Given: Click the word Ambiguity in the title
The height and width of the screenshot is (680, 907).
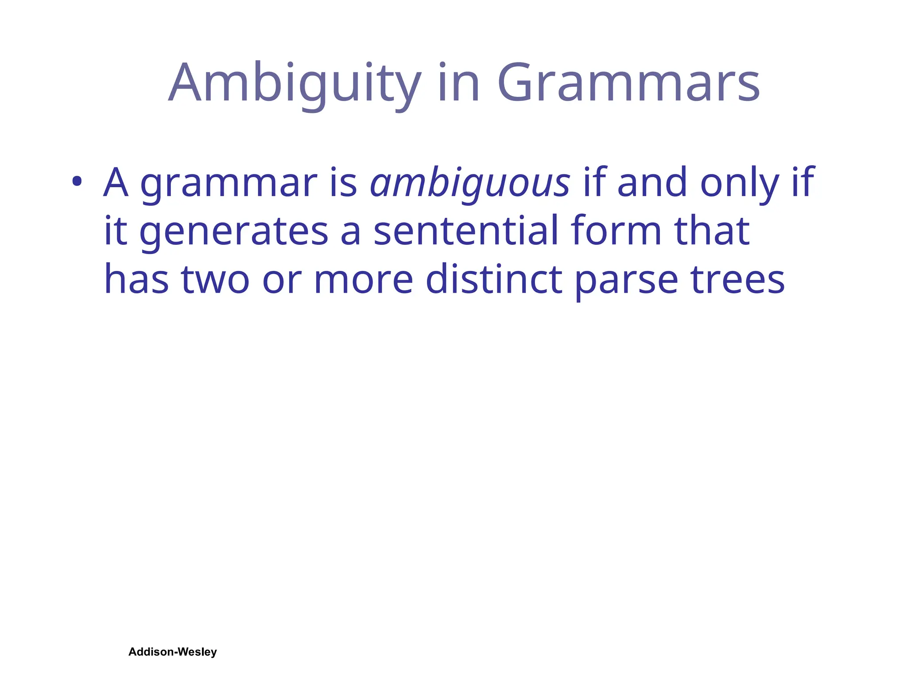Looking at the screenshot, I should coord(295,84).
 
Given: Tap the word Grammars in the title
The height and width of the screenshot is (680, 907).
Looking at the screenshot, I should coord(628,84).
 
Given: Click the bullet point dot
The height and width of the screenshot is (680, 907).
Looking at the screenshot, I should coord(77,181).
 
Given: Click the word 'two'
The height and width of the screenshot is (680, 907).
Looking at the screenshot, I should coord(215,279).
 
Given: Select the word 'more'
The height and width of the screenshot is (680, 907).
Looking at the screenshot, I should coord(363,279).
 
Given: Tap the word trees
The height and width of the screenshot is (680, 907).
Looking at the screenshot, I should coord(738,279).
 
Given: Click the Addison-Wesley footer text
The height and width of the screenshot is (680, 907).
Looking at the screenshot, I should coord(172,652).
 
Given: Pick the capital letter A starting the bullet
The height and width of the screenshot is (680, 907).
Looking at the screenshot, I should coord(116,182).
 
